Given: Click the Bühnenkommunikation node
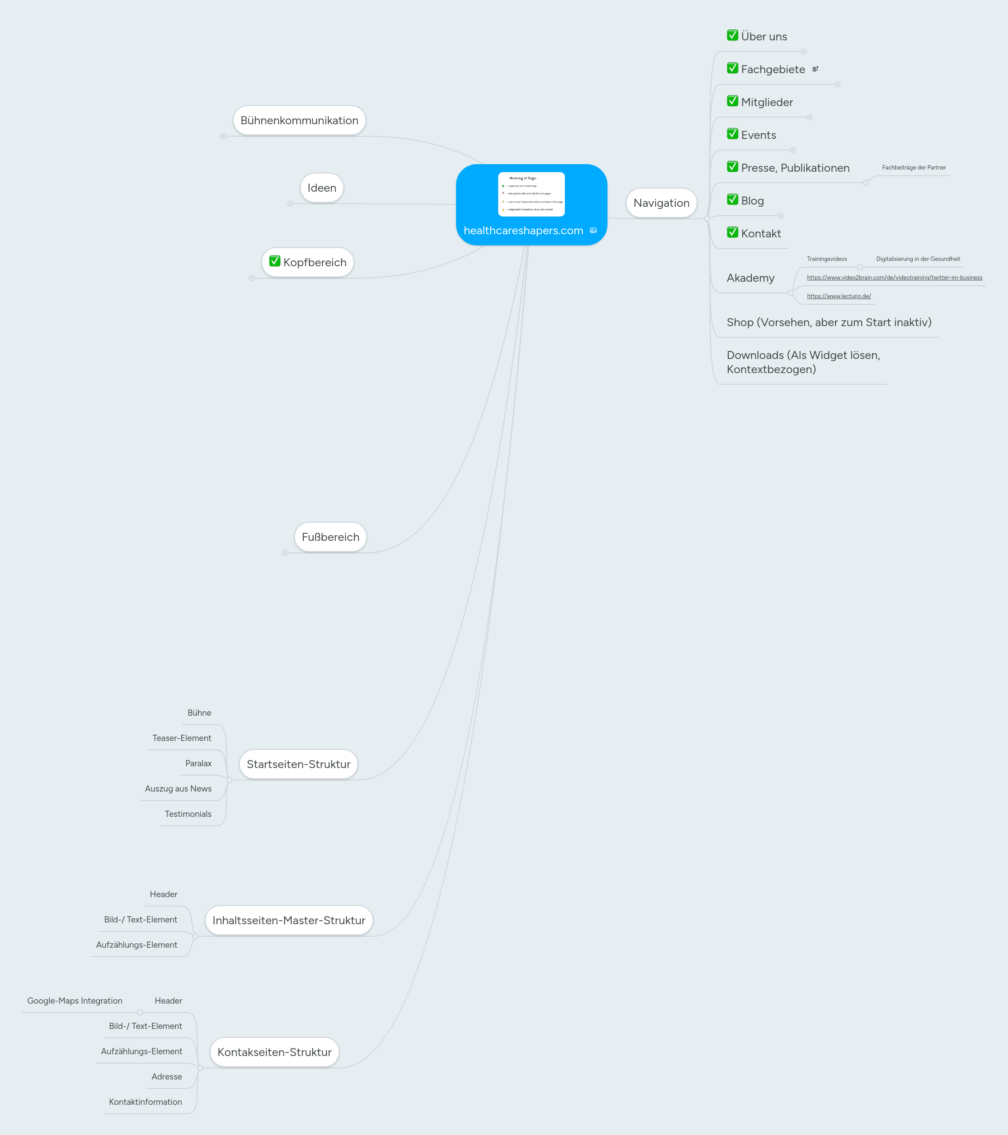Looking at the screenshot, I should (299, 121).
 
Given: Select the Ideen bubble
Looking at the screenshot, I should (322, 188).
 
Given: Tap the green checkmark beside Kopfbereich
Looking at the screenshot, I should (274, 261).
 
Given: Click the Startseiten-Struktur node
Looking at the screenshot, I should (298, 764).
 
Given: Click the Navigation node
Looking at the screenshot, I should (661, 203).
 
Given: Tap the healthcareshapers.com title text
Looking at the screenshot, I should (523, 230).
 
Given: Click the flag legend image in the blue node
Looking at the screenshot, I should (531, 194).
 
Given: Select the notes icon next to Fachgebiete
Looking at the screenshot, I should (815, 69).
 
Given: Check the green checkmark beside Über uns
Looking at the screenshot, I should (732, 35).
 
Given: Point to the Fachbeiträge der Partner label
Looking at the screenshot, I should (913, 168).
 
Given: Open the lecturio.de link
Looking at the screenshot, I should (838, 296).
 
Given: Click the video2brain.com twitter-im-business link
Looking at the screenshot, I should (894, 278).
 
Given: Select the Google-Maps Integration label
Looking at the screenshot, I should (75, 1001).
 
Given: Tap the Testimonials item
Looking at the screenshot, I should (188, 814).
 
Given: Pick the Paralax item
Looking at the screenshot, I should (198, 764).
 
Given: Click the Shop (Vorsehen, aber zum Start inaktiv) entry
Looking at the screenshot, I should (829, 323).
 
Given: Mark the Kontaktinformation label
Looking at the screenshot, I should (145, 1102).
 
